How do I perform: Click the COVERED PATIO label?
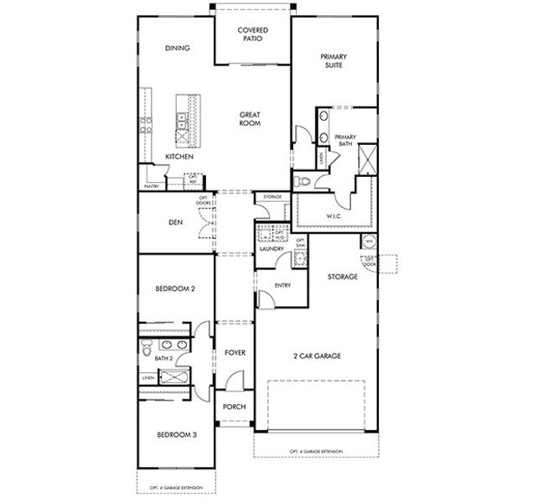(253, 34)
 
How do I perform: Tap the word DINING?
(177, 48)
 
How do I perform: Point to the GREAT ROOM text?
(250, 119)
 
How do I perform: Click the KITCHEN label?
(179, 157)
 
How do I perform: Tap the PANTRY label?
(152, 186)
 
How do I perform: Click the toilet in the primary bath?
(303, 181)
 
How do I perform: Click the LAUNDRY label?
(272, 249)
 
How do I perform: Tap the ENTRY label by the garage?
(282, 286)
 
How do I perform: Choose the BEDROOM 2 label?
(176, 288)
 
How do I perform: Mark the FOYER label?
(235, 353)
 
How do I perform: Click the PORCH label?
(235, 407)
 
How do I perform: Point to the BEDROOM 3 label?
(176, 435)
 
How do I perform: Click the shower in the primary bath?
(366, 158)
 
